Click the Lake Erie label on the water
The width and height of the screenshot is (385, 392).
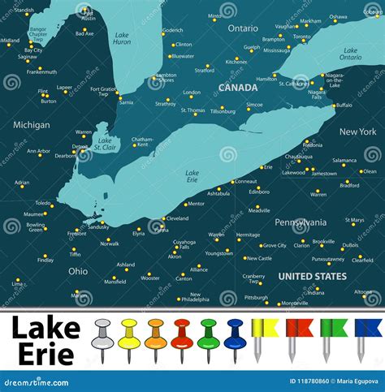(x=192, y=176)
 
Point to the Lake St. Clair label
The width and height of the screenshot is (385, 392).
(x=105, y=143)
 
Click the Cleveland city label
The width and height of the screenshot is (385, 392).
(x=177, y=218)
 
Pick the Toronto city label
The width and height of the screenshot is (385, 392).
(x=301, y=37)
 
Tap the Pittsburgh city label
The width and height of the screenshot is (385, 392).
(x=256, y=297)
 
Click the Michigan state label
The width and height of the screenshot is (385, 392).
(x=32, y=125)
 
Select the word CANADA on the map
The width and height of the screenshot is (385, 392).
(x=238, y=87)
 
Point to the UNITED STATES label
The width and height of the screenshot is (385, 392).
(x=313, y=276)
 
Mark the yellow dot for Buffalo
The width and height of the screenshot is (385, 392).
(x=333, y=105)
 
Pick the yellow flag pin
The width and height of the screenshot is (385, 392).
(x=263, y=333)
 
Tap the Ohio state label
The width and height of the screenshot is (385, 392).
(x=78, y=271)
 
